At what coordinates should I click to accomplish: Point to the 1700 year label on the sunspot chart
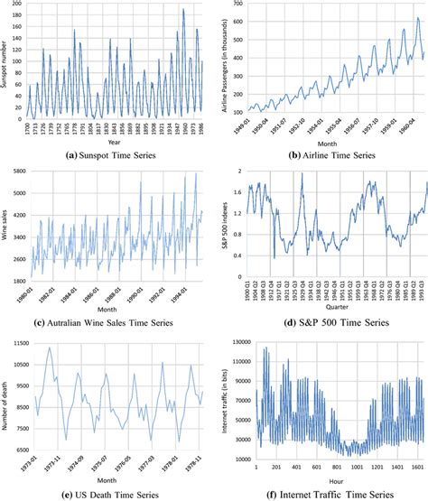(28, 128)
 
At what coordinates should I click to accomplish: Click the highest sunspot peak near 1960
(182, 10)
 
